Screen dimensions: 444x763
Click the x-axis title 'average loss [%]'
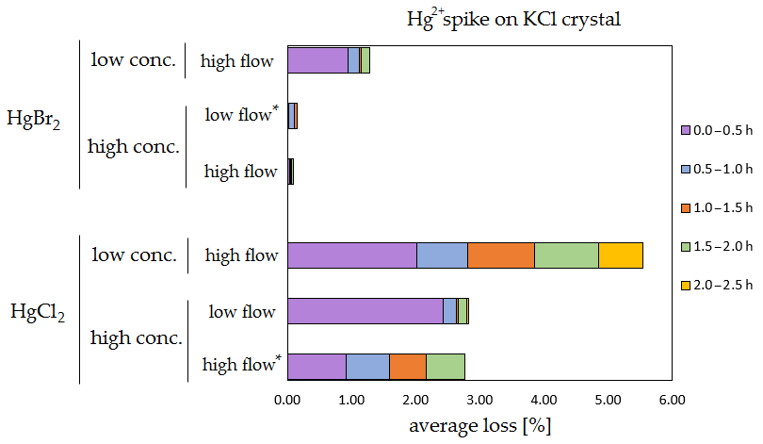(x=479, y=425)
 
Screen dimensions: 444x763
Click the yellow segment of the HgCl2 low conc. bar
(x=620, y=255)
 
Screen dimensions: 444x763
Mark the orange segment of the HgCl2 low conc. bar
(x=500, y=255)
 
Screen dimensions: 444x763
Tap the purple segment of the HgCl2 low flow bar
(x=365, y=312)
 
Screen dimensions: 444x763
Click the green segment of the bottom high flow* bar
(x=446, y=366)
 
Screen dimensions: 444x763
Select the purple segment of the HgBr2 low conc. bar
(x=317, y=60)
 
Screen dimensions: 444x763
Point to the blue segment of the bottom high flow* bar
(x=367, y=366)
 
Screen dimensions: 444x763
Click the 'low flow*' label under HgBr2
(x=241, y=116)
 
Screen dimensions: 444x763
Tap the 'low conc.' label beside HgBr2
(x=133, y=60)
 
